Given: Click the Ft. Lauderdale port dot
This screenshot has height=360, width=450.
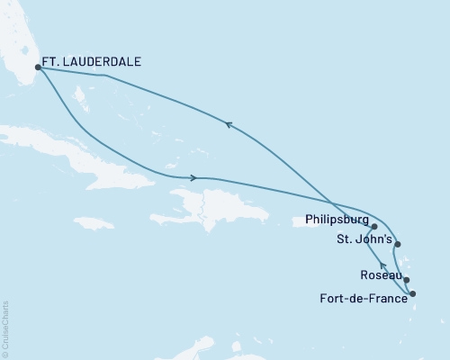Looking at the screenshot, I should tap(38, 67).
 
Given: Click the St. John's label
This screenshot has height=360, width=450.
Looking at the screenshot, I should tap(364, 238).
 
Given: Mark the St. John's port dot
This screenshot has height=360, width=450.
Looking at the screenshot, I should tap(398, 244).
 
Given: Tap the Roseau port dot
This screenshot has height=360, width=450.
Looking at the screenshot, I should tap(407, 280).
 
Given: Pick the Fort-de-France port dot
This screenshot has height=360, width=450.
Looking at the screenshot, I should tap(413, 294).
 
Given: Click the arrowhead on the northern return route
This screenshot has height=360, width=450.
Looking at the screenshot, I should tap(229, 127).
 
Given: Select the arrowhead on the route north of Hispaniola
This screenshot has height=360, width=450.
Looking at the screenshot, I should tap(193, 177).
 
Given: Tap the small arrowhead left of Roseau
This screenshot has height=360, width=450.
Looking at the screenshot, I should tap(382, 265).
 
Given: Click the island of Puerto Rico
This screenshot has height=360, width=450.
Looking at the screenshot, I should tap(278, 215).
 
